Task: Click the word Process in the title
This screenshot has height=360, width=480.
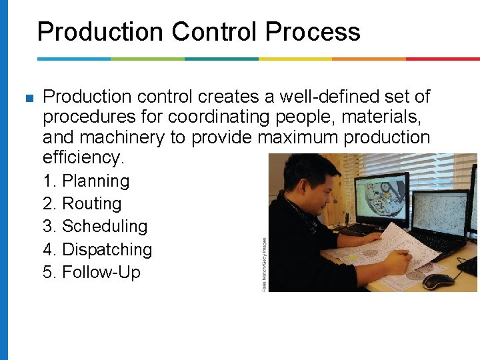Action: [313, 31]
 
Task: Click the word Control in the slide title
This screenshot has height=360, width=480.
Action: [215, 31]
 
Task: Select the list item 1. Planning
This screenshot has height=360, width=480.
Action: [86, 181]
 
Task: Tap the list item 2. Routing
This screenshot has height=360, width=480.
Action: [82, 203]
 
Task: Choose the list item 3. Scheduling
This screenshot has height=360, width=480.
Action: [95, 226]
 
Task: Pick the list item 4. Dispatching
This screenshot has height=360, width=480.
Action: [97, 249]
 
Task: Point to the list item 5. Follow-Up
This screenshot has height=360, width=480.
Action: [91, 272]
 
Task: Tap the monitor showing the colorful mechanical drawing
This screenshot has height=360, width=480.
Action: [382, 200]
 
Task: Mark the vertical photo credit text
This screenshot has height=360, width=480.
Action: [264, 264]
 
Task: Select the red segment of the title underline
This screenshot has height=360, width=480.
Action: [442, 59]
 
